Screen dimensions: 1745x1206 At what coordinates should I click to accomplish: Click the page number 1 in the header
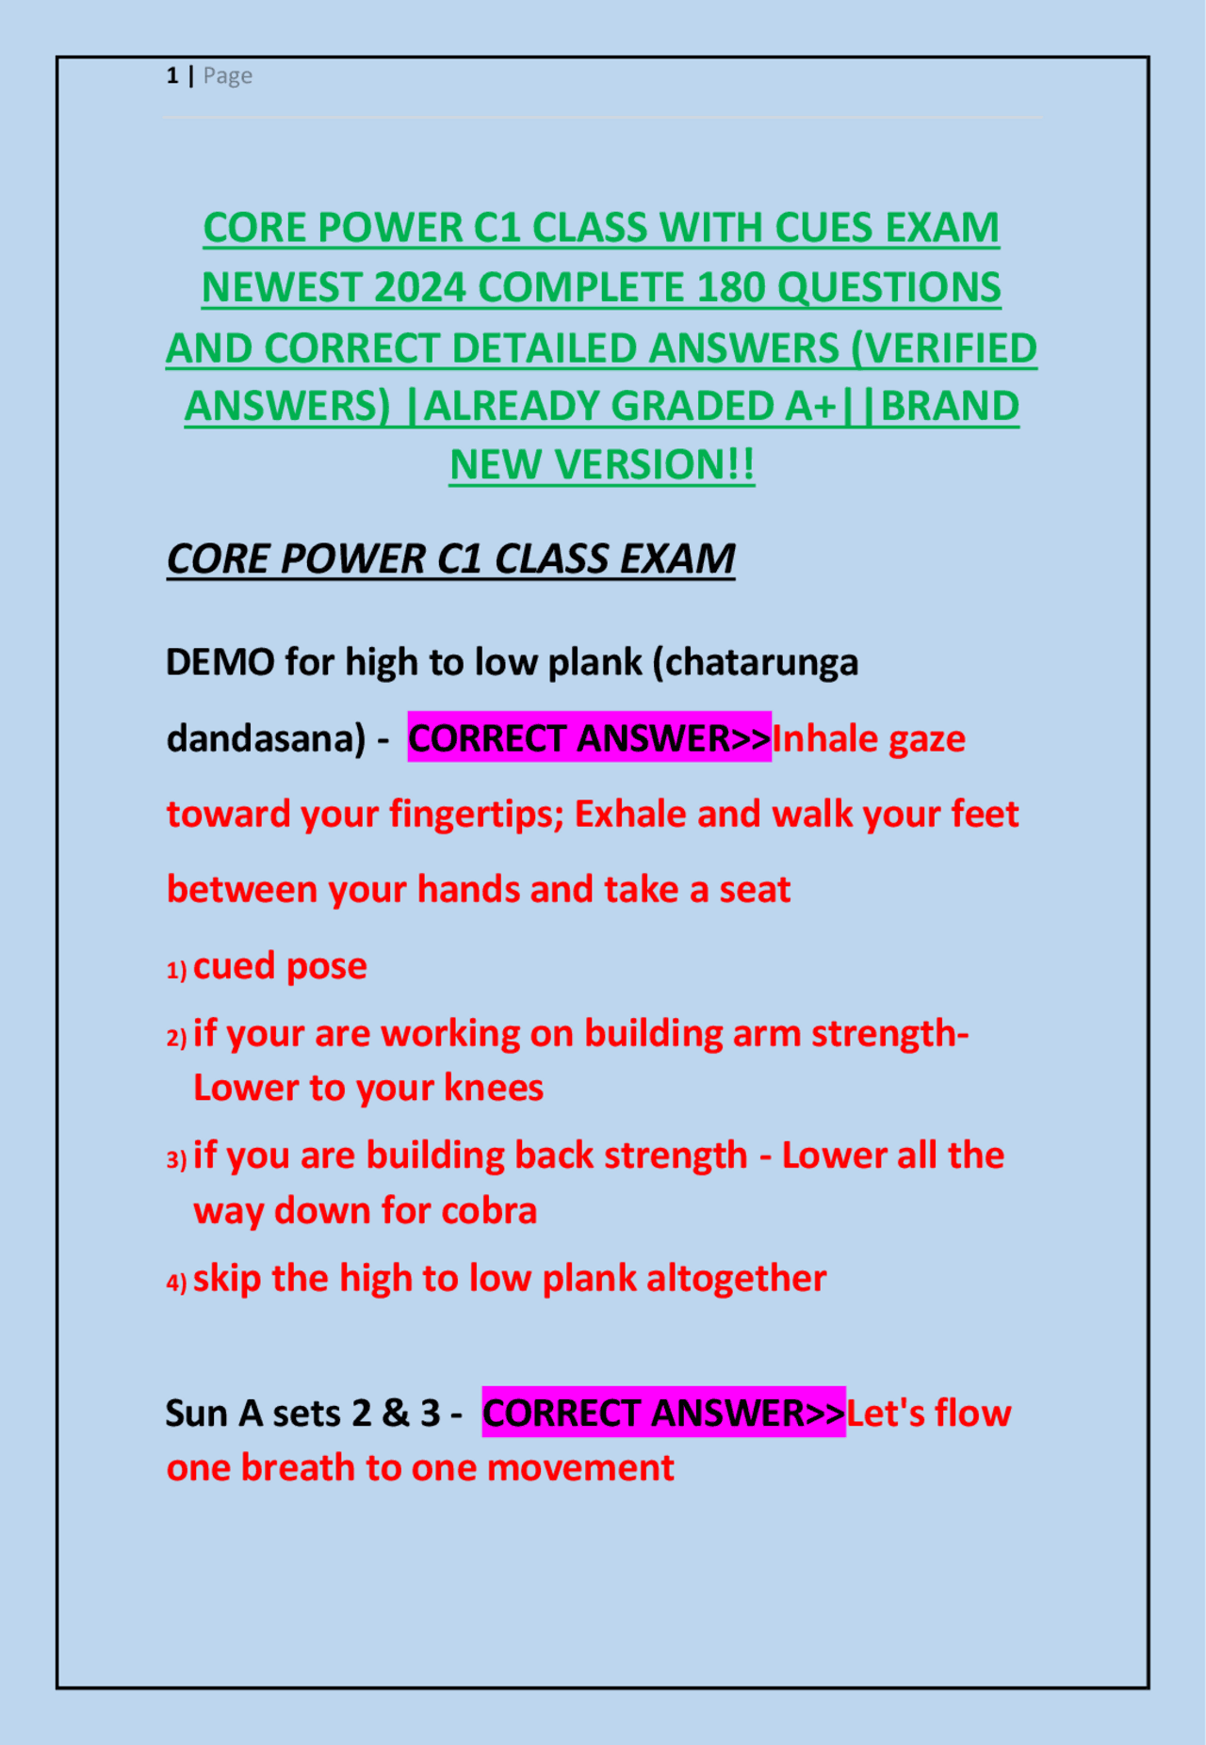click(x=172, y=75)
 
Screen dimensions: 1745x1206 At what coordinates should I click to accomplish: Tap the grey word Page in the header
click(x=228, y=75)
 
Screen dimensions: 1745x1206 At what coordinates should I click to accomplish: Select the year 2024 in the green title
click(x=419, y=288)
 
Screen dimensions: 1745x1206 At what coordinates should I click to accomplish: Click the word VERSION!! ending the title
click(x=654, y=465)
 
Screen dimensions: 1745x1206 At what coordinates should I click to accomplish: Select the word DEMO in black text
click(x=220, y=662)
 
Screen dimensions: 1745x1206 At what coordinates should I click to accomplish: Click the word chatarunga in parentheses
click(x=762, y=662)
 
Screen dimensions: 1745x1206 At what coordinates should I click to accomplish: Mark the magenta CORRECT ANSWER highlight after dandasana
click(x=589, y=738)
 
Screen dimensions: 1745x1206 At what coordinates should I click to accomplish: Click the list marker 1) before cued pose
click(x=176, y=970)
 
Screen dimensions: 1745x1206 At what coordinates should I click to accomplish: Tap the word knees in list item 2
click(x=494, y=1089)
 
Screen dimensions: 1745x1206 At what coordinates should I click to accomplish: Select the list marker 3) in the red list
click(x=176, y=1159)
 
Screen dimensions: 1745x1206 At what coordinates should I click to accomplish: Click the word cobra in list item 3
click(x=489, y=1211)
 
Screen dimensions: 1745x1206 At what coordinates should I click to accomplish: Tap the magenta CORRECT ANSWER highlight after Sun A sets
click(x=663, y=1414)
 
